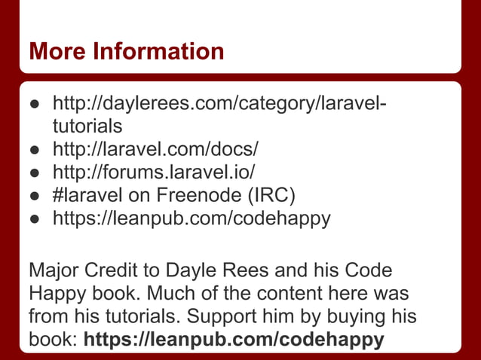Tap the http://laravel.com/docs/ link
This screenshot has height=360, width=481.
click(x=155, y=144)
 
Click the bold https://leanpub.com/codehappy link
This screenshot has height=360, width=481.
click(x=234, y=340)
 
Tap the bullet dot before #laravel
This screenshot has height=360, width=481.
click(x=34, y=196)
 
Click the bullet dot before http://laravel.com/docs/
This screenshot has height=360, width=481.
click(x=34, y=145)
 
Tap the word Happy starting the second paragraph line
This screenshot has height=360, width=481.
click(x=56, y=294)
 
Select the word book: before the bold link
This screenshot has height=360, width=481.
click(x=53, y=340)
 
